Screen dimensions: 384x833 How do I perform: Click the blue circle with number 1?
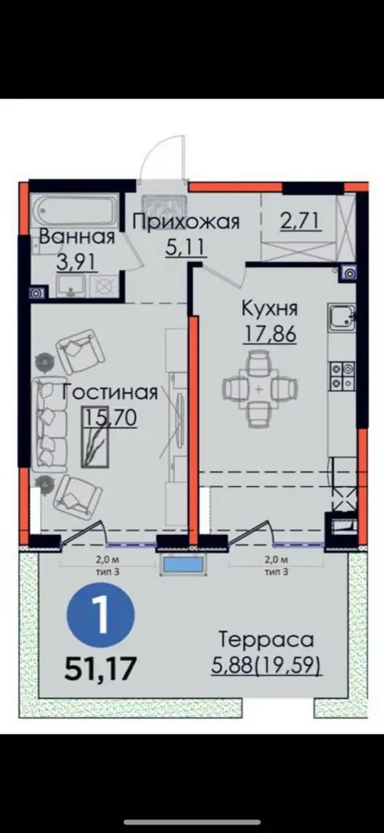click(101, 615)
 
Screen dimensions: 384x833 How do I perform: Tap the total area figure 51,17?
click(101, 669)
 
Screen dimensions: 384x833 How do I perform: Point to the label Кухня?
click(270, 308)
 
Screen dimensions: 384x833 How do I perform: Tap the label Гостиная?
click(110, 393)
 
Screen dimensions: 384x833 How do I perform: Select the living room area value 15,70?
click(110, 417)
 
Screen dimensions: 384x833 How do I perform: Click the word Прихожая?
click(186, 221)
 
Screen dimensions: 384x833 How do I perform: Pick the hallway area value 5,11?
click(185, 248)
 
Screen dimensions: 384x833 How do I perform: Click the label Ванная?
click(77, 236)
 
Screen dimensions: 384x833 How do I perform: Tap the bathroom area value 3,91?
click(77, 261)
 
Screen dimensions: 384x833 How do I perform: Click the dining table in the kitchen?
click(259, 390)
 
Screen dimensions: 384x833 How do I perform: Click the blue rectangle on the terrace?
click(183, 564)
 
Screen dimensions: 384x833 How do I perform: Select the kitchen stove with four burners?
click(342, 374)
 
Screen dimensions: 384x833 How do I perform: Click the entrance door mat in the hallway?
click(165, 204)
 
